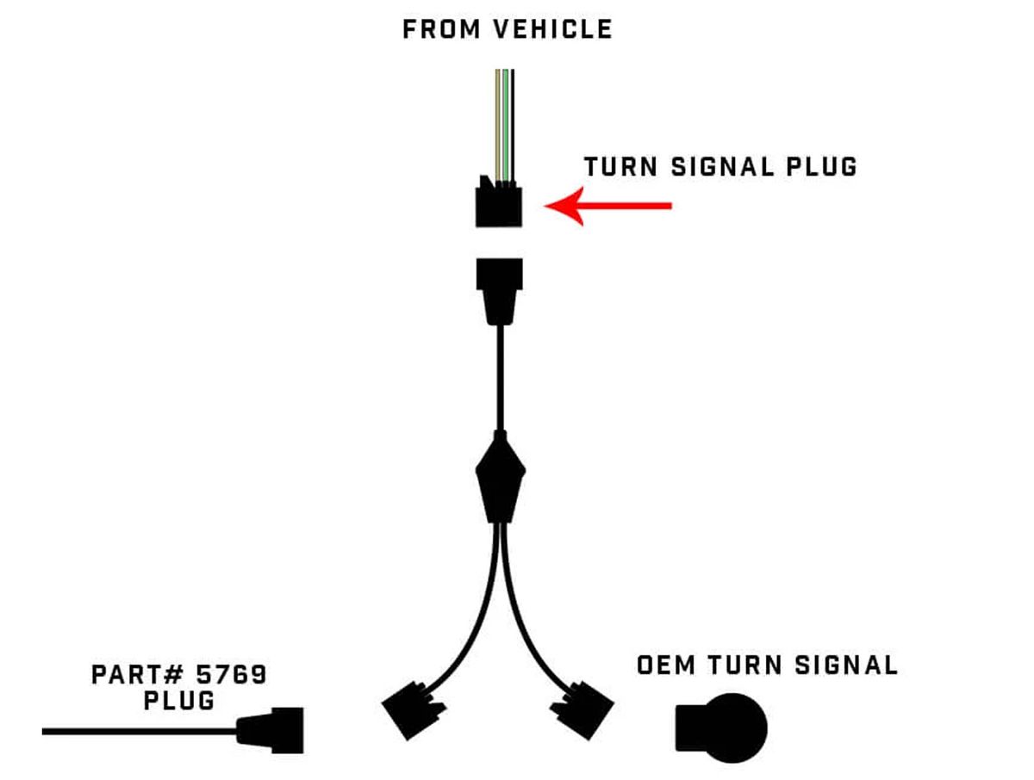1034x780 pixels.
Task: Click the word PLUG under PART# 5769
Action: click(178, 700)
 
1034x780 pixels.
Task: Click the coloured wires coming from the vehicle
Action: click(504, 121)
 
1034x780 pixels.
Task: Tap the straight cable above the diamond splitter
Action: click(500, 379)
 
